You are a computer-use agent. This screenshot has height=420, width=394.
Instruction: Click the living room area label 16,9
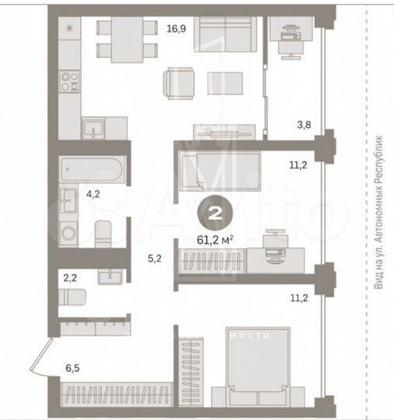click(x=176, y=30)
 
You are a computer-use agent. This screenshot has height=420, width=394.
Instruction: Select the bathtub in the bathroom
click(x=91, y=169)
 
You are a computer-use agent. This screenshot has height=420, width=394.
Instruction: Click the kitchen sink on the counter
click(x=94, y=127)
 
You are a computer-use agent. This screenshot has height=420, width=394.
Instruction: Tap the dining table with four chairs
click(x=122, y=39)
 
